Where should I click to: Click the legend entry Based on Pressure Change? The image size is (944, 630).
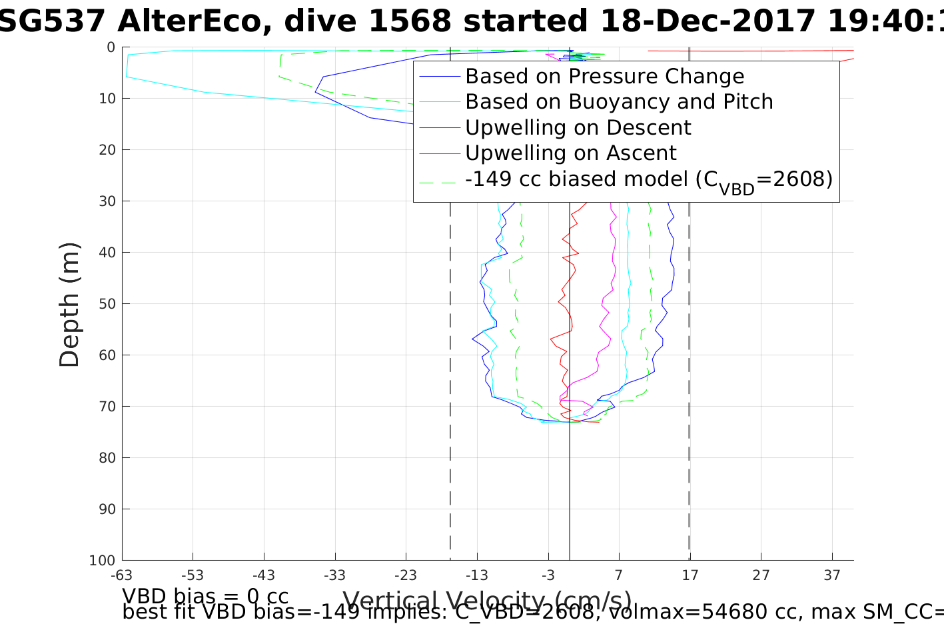604,77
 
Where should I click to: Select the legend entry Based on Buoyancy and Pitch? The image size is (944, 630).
619,102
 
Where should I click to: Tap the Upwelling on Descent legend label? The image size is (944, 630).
578,127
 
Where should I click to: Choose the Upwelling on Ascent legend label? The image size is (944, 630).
571,153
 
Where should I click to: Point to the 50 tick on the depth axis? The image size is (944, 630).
107,304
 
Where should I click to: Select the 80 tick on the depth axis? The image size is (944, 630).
107,458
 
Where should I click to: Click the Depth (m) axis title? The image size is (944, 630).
69,304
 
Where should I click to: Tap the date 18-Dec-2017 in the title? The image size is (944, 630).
708,21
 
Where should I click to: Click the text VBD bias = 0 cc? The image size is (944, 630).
205,595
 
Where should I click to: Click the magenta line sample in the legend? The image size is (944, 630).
440,153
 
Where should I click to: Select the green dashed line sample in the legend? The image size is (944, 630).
440,179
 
